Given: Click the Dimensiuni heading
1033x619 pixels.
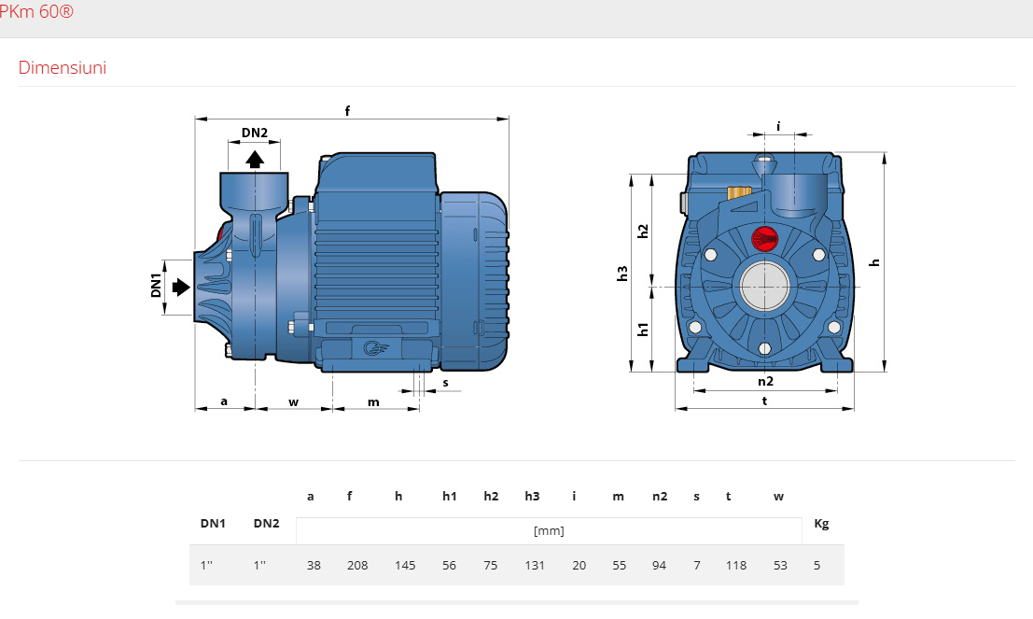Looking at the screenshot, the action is [63, 68].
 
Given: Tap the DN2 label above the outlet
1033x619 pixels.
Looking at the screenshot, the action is [255, 133].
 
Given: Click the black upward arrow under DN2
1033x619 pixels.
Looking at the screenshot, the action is [255, 159].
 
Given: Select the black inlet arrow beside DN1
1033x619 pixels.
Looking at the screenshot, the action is [181, 287].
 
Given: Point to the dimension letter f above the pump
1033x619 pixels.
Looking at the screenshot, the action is [348, 111].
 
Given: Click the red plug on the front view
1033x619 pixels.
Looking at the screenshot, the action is [764, 238].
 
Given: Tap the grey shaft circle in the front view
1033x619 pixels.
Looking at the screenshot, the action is [764, 287].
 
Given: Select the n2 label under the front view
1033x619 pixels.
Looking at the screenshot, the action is [765, 381].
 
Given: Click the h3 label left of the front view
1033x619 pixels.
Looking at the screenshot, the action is [621, 274].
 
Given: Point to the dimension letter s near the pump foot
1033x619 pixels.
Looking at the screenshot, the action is [446, 383].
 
